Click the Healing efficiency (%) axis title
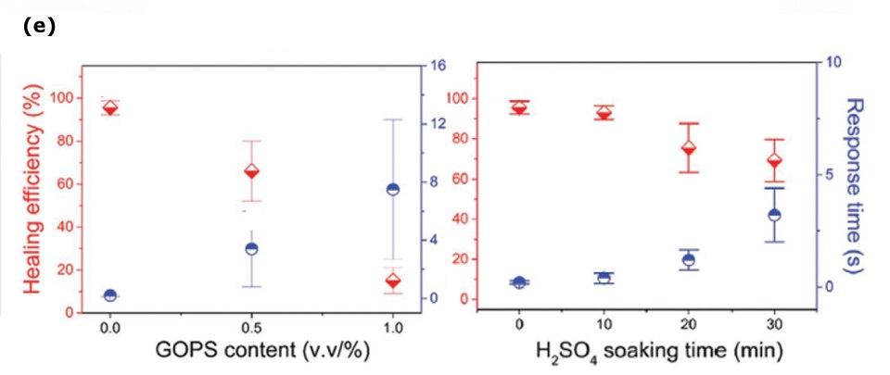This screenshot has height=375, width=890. click(34, 189)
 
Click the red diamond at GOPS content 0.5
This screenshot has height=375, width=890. click(250, 171)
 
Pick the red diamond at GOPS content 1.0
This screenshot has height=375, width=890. click(392, 281)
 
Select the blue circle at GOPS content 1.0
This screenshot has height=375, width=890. click(392, 190)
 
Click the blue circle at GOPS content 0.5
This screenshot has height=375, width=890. click(250, 248)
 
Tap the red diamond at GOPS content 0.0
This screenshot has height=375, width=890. click(110, 108)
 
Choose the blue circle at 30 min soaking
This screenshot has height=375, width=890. click(774, 215)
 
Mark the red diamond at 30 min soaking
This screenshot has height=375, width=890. click(774, 160)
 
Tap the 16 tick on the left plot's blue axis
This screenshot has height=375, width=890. click(438, 66)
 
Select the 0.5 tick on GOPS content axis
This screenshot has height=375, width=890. click(250, 327)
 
